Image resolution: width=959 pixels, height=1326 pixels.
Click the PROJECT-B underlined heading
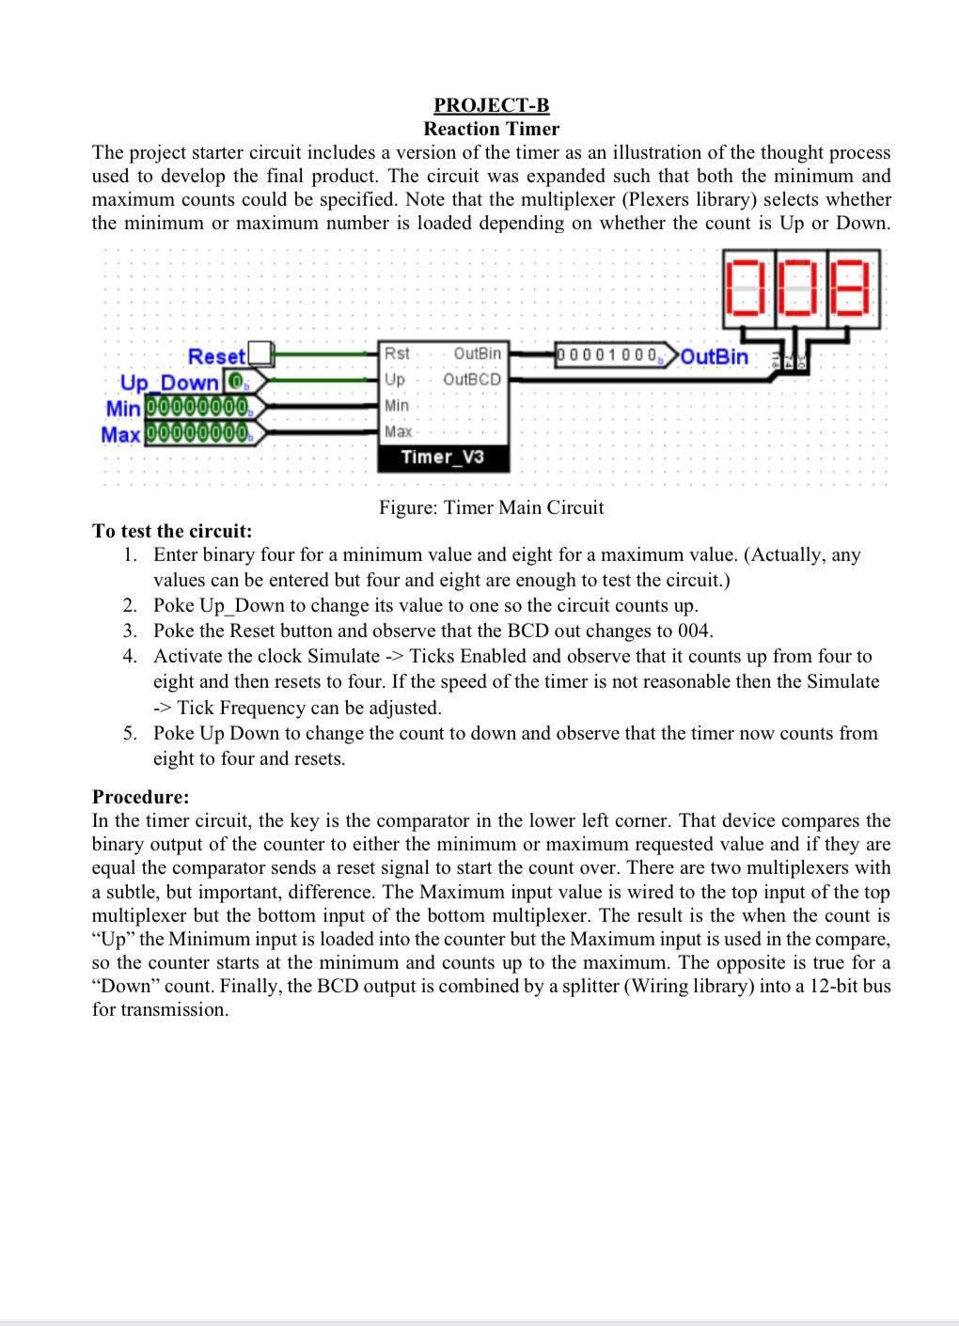tap(491, 105)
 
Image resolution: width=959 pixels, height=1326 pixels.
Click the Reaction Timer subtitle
tap(491, 129)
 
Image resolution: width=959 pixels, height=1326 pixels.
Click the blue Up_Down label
tap(169, 382)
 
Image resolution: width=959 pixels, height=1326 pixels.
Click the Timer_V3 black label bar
tap(442, 457)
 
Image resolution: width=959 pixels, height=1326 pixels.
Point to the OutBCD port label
tap(472, 379)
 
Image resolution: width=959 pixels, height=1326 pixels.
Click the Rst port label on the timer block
tap(397, 353)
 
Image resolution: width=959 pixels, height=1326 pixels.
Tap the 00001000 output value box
tap(609, 354)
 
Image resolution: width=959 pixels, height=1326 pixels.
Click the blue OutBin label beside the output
tap(714, 356)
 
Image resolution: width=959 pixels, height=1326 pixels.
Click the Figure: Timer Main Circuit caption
tap(491, 507)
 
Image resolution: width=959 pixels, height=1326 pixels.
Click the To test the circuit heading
tap(172, 531)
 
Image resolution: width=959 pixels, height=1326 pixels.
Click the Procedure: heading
tap(141, 797)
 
